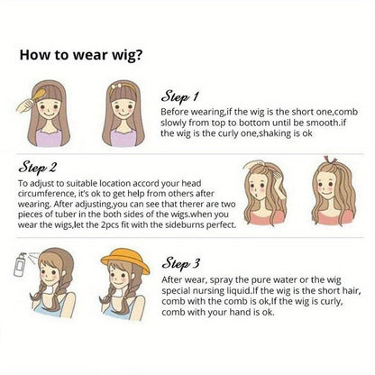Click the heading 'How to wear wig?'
tap(81, 55)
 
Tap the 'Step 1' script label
tap(179, 96)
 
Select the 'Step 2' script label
tap(37, 168)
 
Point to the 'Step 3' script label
tap(180, 263)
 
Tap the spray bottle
tap(21, 264)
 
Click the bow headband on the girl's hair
tap(124, 87)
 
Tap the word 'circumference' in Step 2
tap(46, 194)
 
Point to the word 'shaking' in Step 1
tap(275, 133)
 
